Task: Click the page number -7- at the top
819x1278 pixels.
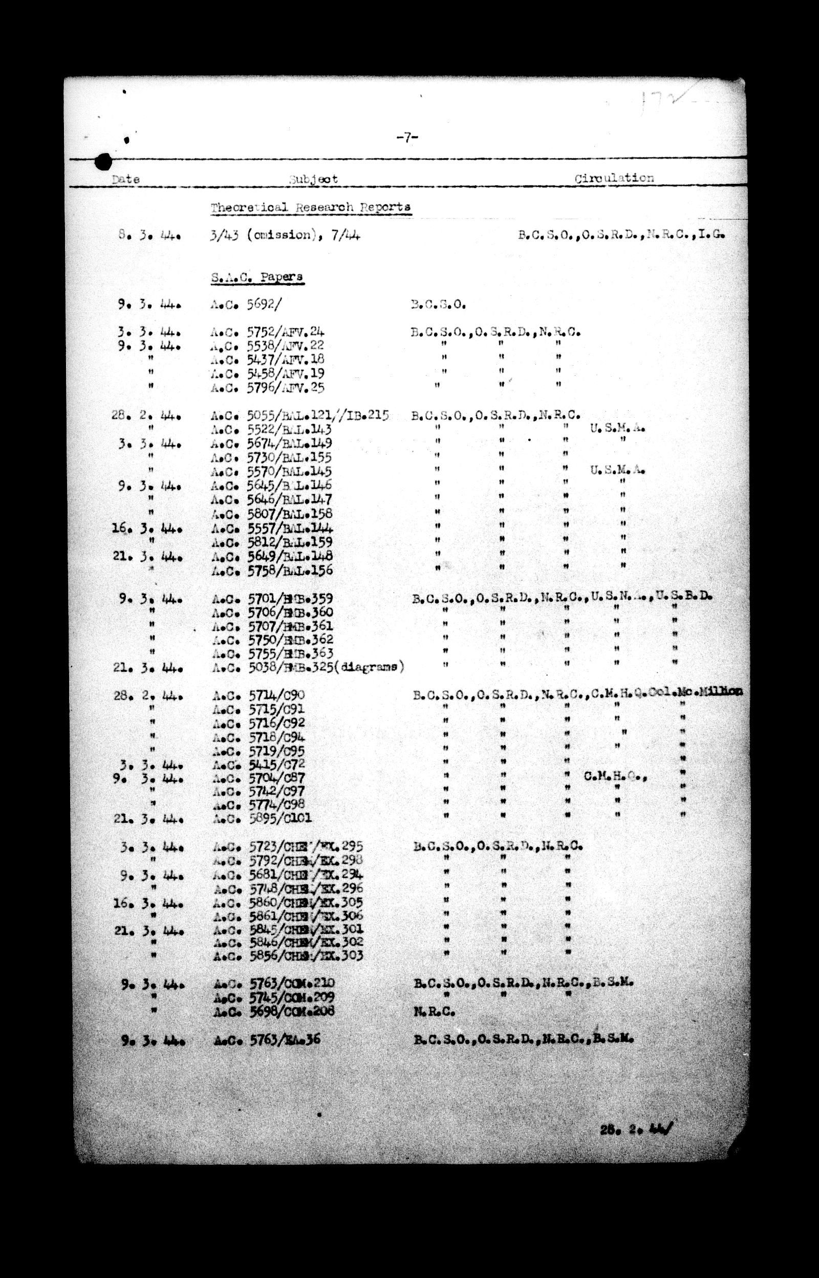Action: [x=407, y=138]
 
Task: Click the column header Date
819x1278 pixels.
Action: [x=126, y=179]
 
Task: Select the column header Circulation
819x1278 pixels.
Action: [x=614, y=178]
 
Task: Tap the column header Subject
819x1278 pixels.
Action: [x=313, y=179]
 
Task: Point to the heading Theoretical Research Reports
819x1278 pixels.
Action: [x=311, y=207]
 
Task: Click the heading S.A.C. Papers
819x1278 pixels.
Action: [x=257, y=277]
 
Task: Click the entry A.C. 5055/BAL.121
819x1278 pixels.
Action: [x=300, y=415]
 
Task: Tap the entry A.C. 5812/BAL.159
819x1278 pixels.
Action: [x=272, y=542]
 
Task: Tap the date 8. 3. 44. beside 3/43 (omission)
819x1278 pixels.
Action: [x=149, y=235]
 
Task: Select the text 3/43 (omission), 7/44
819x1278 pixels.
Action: [x=285, y=235]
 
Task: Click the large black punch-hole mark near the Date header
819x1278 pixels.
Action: [x=103, y=161]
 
